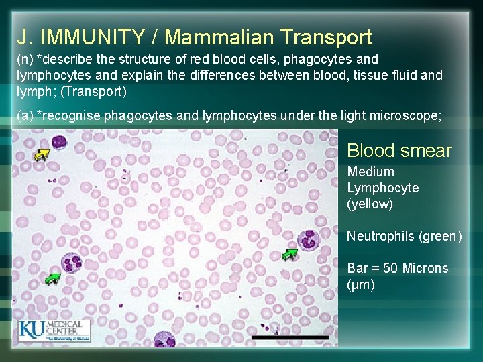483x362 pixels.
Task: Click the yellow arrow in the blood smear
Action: (42, 156)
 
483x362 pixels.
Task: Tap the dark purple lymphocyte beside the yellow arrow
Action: (58, 143)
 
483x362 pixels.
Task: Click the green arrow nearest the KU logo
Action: (51, 277)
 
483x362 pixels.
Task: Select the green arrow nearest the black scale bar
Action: (289, 254)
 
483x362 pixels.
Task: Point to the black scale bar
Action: (290, 337)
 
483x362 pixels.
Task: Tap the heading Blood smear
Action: (399, 151)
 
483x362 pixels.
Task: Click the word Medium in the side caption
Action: (371, 172)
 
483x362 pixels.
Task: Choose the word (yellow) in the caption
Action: (370, 204)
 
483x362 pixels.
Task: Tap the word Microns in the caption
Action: (426, 268)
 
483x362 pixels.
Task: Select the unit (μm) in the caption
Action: (361, 284)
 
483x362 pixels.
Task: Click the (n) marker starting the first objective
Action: (25, 60)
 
